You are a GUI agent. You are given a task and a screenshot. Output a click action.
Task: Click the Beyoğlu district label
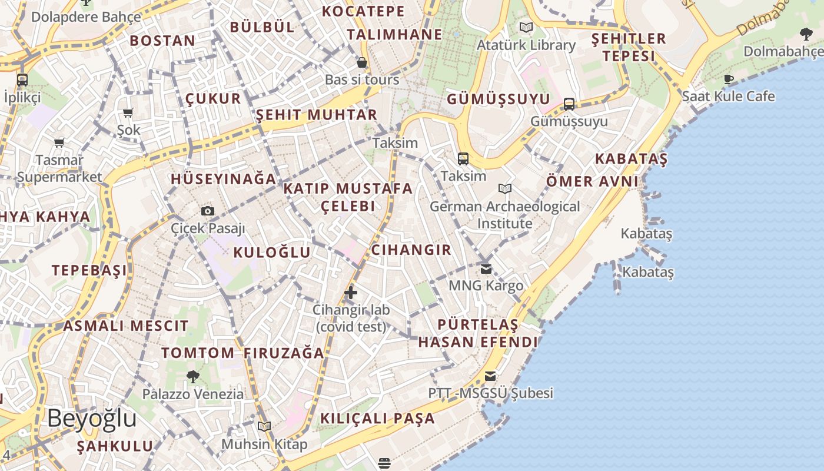[92, 419]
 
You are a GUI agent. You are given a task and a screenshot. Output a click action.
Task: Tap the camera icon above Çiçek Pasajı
[207, 211]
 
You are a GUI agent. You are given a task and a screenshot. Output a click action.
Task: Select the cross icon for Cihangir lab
[351, 292]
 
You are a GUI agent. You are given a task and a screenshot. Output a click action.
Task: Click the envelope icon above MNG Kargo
[486, 269]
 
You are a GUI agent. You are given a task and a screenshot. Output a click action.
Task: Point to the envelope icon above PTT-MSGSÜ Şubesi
[490, 376]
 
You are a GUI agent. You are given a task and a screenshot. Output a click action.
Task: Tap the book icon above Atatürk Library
[526, 27]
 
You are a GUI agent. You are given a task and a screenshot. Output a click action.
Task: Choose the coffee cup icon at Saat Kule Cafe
[729, 79]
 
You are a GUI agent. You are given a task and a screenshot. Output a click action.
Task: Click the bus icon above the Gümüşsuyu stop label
[569, 104]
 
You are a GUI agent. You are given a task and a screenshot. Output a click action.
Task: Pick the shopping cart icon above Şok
[128, 112]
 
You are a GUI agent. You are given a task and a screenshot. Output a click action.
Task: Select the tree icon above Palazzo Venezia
[192, 376]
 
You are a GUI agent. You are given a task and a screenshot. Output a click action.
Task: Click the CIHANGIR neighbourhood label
[411, 250]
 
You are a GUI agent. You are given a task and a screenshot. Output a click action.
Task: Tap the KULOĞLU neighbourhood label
[272, 253]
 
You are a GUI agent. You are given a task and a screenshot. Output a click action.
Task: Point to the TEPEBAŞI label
[89, 270]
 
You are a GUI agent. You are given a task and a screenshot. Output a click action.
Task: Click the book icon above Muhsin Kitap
[264, 426]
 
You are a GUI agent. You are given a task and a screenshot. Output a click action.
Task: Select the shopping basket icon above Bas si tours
[362, 62]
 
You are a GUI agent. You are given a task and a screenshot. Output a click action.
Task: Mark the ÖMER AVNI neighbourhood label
[592, 181]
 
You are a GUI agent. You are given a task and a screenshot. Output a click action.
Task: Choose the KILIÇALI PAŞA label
[377, 419]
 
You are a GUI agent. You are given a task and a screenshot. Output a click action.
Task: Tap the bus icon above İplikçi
[22, 79]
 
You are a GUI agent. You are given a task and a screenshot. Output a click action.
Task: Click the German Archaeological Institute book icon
[505, 189]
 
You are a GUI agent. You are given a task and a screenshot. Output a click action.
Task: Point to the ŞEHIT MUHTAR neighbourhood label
[317, 115]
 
